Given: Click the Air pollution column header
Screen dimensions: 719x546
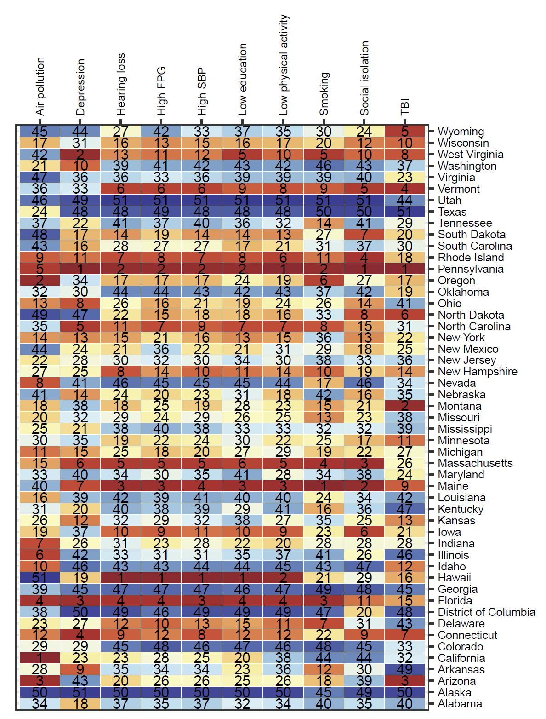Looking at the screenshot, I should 40,86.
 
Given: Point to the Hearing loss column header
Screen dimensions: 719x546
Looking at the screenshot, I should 121,84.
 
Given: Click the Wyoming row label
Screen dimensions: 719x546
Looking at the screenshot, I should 461,132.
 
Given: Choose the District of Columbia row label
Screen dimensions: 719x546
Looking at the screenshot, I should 486,612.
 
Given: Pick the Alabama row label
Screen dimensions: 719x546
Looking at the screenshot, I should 460,704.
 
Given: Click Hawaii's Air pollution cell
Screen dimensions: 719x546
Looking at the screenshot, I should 40,578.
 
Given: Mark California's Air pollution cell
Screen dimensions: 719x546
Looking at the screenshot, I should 40,658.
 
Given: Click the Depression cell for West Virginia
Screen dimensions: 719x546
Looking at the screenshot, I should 80,155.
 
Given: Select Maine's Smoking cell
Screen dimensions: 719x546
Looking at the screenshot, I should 324,486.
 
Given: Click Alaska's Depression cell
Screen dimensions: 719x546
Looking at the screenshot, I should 80,692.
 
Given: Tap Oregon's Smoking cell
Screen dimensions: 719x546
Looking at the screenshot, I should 324,280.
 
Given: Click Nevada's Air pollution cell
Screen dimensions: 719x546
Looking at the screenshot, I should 40,383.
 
